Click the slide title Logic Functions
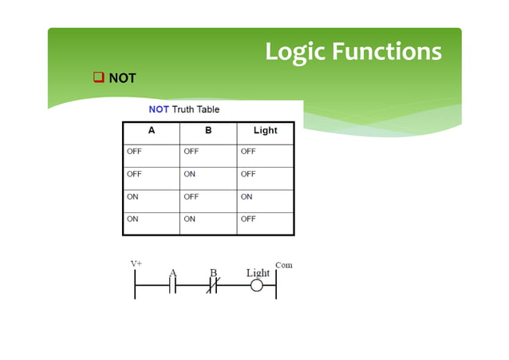353,51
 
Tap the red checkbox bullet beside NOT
99,77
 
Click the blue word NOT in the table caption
160,109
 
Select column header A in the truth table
151,130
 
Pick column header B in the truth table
208,130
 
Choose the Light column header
265,130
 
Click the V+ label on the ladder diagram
137,263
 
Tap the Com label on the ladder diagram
283,264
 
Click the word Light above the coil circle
258,273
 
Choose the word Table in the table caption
206,109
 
